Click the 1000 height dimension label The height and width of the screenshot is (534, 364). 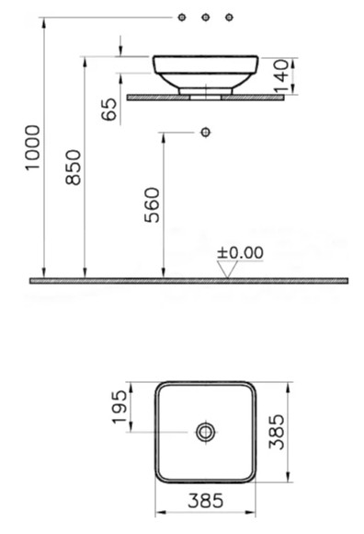[x=33, y=147]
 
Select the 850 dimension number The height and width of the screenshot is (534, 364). [x=74, y=168]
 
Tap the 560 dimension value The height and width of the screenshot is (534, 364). [x=152, y=205]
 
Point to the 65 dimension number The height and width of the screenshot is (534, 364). [x=109, y=110]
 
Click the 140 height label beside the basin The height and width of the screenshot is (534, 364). [x=282, y=76]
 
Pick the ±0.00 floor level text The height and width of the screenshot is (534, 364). [x=240, y=253]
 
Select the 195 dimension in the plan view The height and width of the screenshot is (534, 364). [x=119, y=407]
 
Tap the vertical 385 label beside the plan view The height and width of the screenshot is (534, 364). [x=277, y=432]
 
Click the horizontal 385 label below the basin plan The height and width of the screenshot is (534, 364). [x=206, y=501]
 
